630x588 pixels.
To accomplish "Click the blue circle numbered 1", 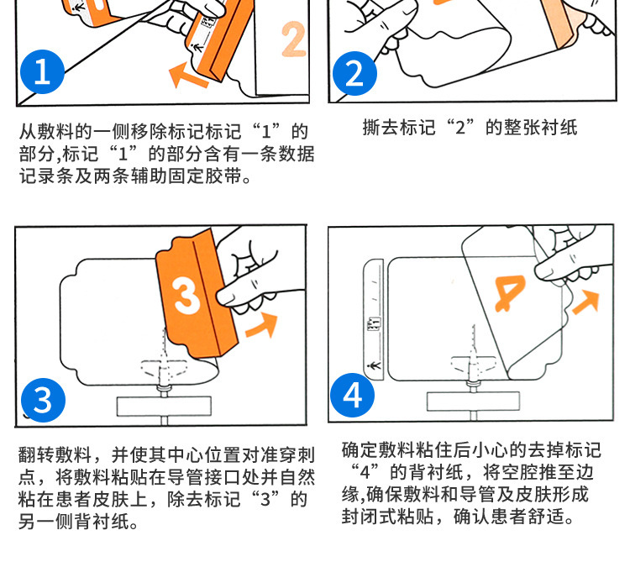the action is pyautogui.click(x=43, y=72).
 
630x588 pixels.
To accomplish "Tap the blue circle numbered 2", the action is pyautogui.click(x=354, y=74).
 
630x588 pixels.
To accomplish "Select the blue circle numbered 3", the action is pyautogui.click(x=43, y=401).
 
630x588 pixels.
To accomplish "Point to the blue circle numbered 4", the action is pyautogui.click(x=352, y=395).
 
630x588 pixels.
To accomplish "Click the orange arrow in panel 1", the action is pyautogui.click(x=188, y=75).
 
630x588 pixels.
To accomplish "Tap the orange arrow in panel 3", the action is pyautogui.click(x=262, y=326).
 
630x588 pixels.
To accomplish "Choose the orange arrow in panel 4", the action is pyautogui.click(x=585, y=302).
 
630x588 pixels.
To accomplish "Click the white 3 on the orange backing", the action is pyautogui.click(x=186, y=297).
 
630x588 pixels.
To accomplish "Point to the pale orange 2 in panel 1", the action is pyautogui.click(x=294, y=39).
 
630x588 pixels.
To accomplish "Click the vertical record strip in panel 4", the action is pyautogui.click(x=374, y=319).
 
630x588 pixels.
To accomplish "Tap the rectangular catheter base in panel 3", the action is pyautogui.click(x=164, y=407).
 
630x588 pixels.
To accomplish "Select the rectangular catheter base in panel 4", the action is pyautogui.click(x=473, y=402).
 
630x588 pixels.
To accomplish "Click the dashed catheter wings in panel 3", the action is pyautogui.click(x=165, y=369).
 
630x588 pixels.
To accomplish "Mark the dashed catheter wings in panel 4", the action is pyautogui.click(x=473, y=364).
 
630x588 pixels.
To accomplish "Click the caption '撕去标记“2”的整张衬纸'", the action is pyautogui.click(x=470, y=128).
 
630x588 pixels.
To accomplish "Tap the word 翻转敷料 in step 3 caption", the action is pyautogui.click(x=55, y=455).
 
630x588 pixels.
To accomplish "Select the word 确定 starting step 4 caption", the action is pyautogui.click(x=360, y=450).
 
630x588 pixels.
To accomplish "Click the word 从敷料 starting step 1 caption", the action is pyautogui.click(x=46, y=131).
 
